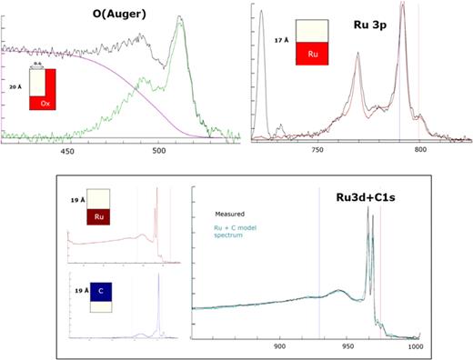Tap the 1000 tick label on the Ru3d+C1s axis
(416, 346)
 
